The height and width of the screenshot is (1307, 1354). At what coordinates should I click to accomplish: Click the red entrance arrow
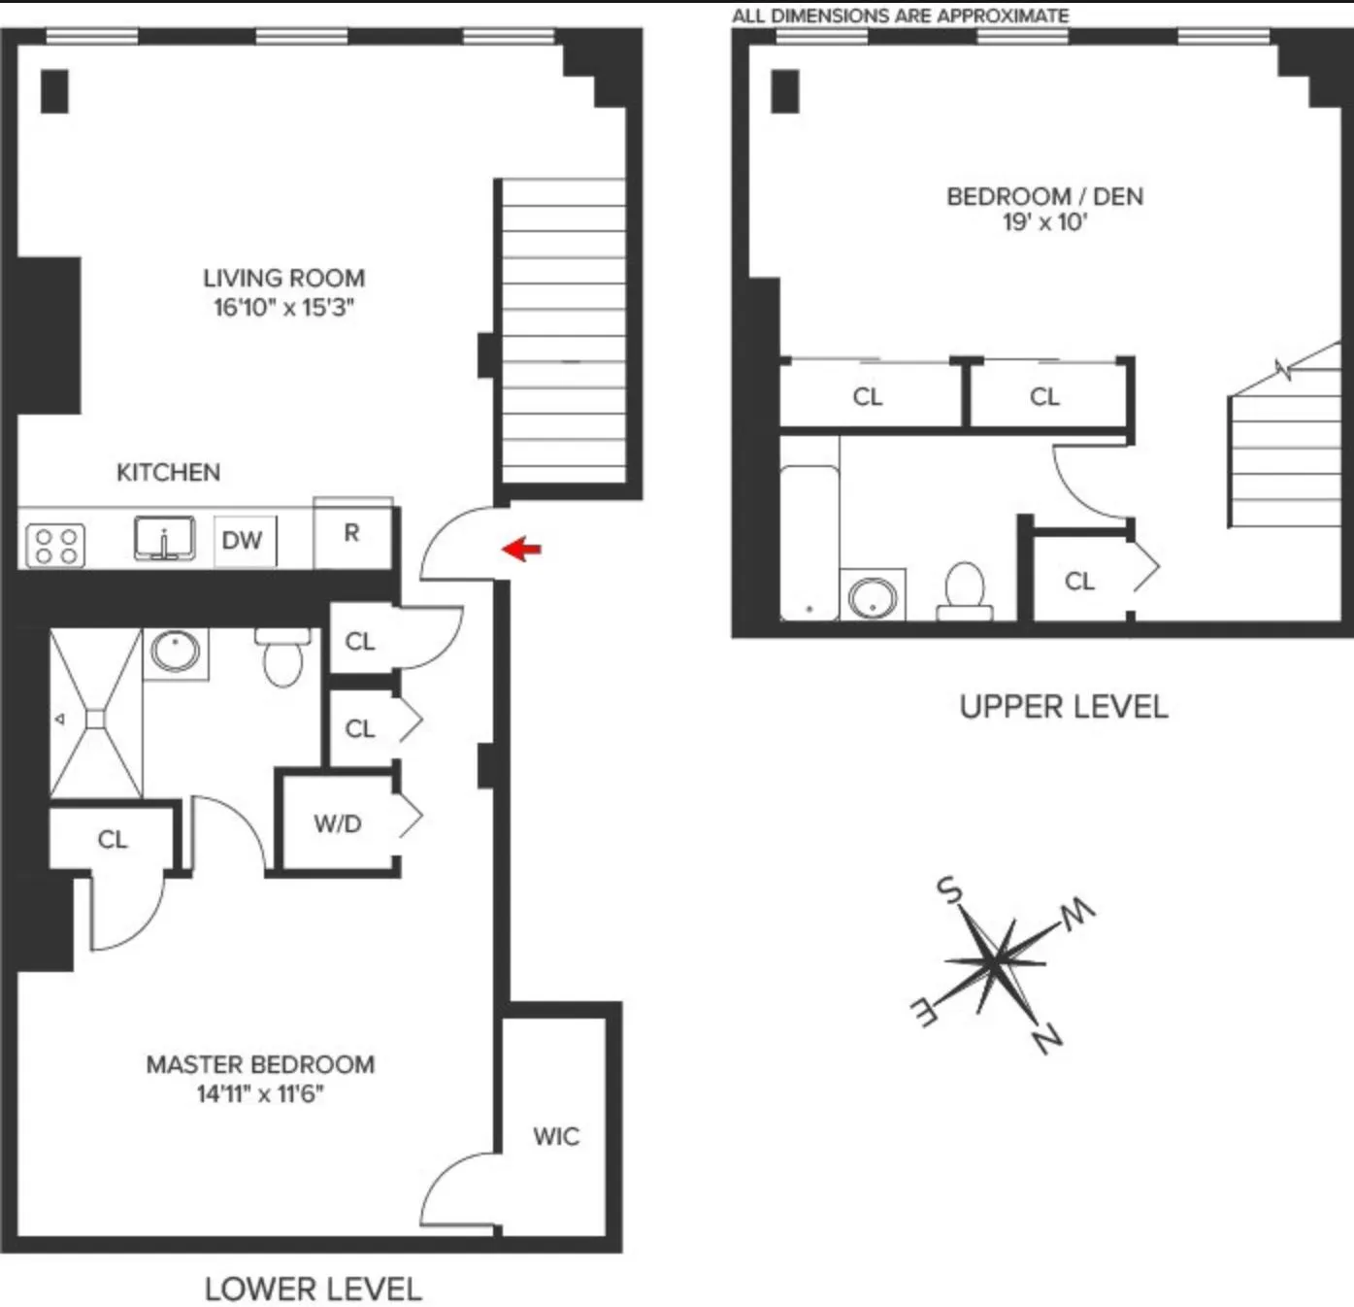click(x=521, y=549)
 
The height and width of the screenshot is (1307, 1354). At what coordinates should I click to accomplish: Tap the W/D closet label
click(x=338, y=823)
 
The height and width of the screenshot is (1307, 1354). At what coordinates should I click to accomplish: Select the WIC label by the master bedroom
click(x=556, y=1136)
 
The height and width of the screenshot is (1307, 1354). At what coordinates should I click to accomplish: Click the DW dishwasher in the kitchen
click(x=243, y=540)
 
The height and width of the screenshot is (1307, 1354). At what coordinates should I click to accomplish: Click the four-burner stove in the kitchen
click(x=55, y=545)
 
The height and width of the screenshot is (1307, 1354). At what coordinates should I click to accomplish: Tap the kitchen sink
click(x=165, y=539)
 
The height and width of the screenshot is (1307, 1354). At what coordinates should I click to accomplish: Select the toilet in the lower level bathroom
click(x=283, y=657)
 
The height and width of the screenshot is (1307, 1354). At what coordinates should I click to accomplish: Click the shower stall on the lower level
click(x=95, y=715)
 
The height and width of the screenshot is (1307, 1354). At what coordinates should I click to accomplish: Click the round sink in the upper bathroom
click(x=873, y=597)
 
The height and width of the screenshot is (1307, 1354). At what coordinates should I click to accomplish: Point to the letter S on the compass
click(x=948, y=888)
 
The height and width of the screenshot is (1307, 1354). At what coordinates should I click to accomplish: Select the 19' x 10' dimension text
click(x=1044, y=222)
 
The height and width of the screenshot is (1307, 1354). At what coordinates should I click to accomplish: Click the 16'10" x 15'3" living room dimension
click(x=284, y=308)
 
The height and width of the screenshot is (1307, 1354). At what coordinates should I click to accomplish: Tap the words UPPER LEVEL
click(x=1064, y=707)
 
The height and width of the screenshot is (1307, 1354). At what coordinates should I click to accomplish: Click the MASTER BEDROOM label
click(x=260, y=1064)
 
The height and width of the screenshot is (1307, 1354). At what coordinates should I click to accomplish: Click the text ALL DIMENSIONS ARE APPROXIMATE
click(x=900, y=16)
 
